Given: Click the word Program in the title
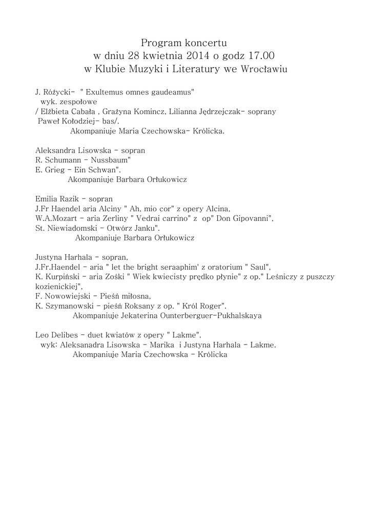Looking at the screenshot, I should [157, 42].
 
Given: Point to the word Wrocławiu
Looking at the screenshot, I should [264, 69].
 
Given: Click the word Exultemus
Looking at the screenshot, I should [106, 92].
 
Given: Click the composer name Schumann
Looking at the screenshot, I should [60, 160].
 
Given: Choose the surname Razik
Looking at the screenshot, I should [69, 199].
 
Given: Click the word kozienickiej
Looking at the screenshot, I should [58, 287].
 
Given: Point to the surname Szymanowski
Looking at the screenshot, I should [68, 306].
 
